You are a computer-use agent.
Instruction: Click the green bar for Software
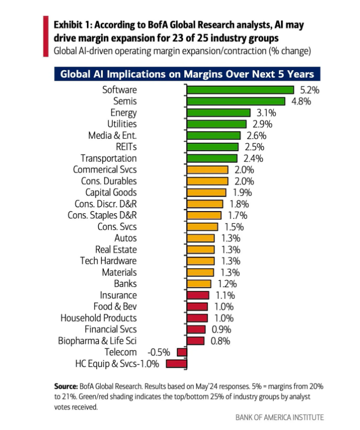click(x=240, y=90)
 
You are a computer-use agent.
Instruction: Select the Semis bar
click(x=236, y=101)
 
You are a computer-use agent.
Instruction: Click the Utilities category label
click(x=122, y=124)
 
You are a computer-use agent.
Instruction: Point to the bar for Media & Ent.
click(x=213, y=135)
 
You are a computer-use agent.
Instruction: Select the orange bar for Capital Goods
click(x=206, y=193)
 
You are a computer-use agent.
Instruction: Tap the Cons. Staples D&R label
click(x=102, y=215)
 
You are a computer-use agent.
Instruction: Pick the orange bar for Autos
click(x=201, y=238)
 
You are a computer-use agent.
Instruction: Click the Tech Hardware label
click(x=109, y=261)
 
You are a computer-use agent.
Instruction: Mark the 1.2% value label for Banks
click(x=228, y=283)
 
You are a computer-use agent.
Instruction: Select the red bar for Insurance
click(x=198, y=295)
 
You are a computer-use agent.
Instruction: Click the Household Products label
click(x=98, y=318)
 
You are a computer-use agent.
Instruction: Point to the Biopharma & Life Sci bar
click(x=195, y=341)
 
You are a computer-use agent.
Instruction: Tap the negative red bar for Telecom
click(x=182, y=352)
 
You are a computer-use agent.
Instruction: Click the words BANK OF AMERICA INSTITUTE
click(x=280, y=417)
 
